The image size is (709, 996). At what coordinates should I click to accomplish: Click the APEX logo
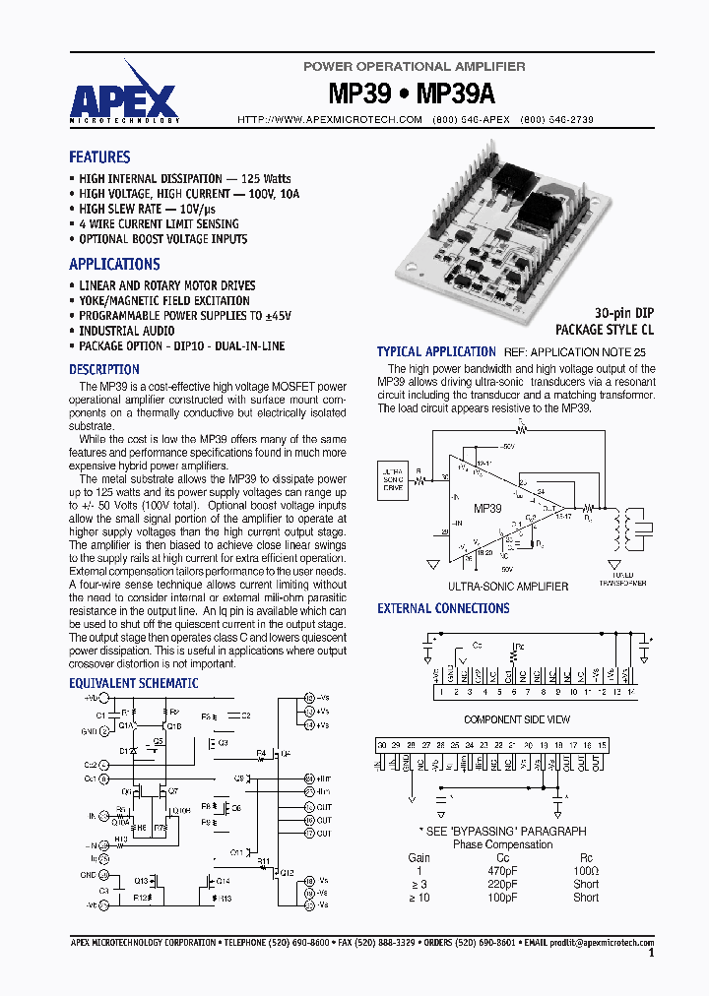point(124,93)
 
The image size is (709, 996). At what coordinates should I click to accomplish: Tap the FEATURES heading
point(99,157)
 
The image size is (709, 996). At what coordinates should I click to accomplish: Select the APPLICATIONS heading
point(114,265)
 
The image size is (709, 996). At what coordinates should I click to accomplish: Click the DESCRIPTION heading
point(104,370)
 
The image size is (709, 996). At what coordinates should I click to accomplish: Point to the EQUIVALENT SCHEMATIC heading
point(133,683)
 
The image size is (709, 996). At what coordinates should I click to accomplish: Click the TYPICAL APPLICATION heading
point(436,351)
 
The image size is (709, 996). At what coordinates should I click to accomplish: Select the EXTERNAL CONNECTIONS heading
point(443,609)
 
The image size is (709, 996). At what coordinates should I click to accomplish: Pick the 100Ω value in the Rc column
point(585,871)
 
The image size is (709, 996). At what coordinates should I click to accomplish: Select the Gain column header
point(419,858)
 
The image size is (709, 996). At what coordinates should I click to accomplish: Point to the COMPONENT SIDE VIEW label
point(516,720)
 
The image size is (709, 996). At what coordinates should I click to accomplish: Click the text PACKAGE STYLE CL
point(604,331)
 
